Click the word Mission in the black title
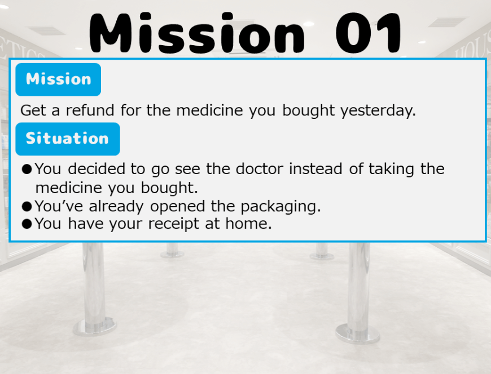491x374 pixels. coord(197,33)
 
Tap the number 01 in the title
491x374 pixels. coord(369,33)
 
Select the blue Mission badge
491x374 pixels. coord(58,79)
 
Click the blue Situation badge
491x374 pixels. coord(68,139)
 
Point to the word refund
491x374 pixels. coord(90,110)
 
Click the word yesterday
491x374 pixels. coord(378,111)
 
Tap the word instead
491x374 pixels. coord(315,169)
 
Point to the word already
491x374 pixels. coord(116,207)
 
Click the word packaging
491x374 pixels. coord(280,207)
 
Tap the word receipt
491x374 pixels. coord(173,224)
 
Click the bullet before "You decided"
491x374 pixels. coord(27,169)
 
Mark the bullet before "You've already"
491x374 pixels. coord(27,206)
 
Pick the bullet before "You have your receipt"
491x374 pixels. coord(27,224)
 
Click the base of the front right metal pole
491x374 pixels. coord(358,333)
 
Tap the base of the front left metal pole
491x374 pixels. coord(95,327)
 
